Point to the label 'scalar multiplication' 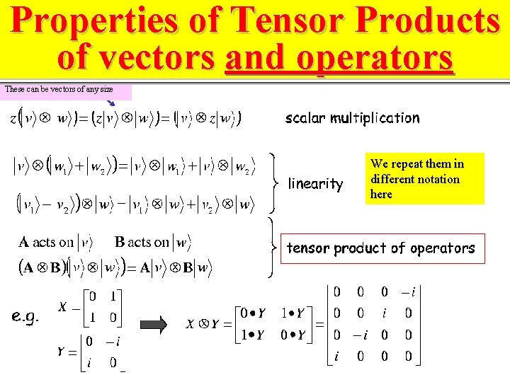tap(352, 118)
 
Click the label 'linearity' tap(315, 184)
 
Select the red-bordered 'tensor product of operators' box tap(380, 248)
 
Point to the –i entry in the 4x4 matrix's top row tap(405, 291)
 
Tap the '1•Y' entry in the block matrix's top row tap(294, 312)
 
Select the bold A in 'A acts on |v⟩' tap(24, 243)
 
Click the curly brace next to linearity tap(276, 183)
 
